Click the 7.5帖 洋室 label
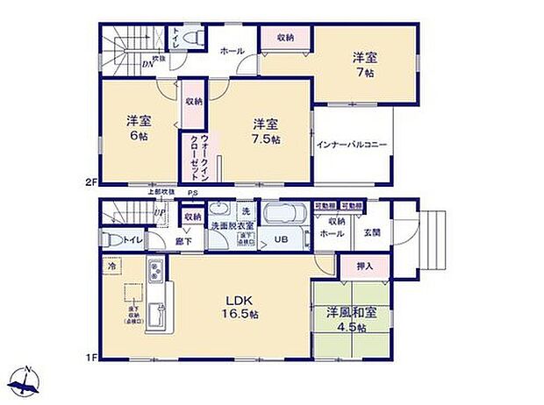click(262, 131)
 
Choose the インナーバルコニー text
click(351, 145)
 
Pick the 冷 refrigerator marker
click(111, 264)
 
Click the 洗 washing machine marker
click(246, 212)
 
